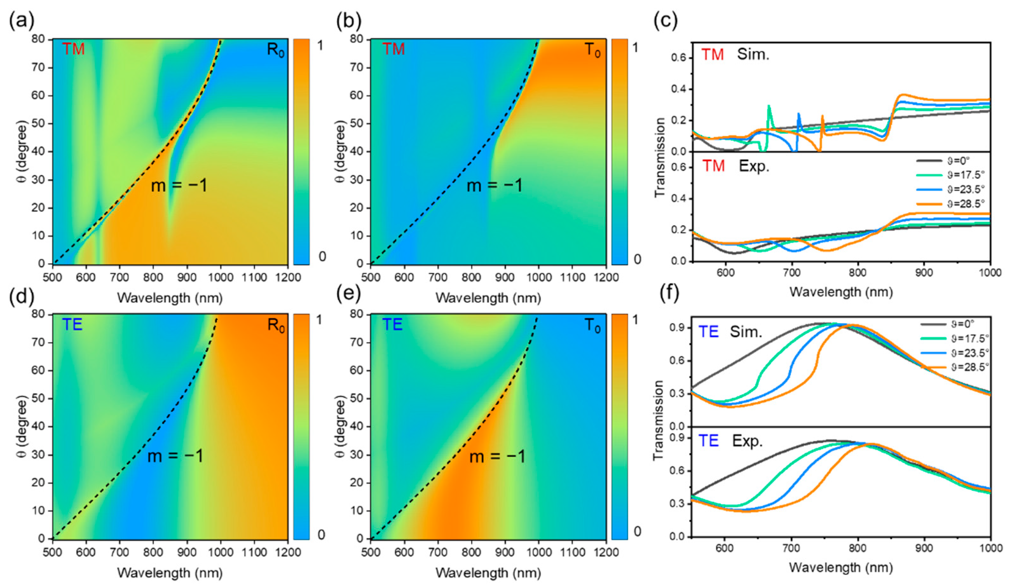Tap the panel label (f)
pos(669,294)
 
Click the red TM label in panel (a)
pos(73,49)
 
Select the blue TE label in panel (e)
pos(392,324)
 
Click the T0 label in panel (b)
pos(593,50)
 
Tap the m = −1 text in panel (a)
pos(179,186)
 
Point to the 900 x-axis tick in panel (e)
pos(505,552)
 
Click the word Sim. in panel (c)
pos(753,54)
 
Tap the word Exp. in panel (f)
pos(747,441)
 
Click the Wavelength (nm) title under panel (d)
pos(170,573)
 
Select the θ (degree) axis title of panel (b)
pos(340,152)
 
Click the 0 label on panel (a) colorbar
pos(322,257)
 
